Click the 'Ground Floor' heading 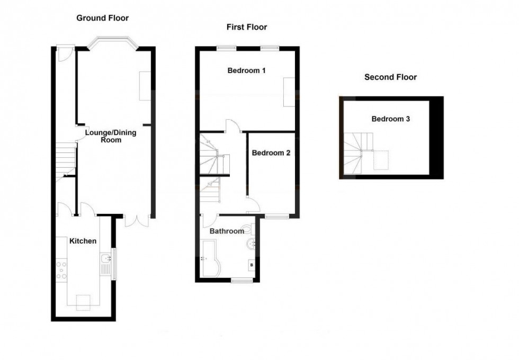(102, 18)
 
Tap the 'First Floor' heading (246, 27)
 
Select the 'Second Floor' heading (390, 77)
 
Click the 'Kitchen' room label (83, 241)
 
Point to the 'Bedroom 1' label (246, 70)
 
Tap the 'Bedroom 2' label (271, 154)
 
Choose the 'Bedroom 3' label (390, 119)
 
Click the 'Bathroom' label (227, 231)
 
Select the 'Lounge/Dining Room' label (111, 136)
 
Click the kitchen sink (105, 259)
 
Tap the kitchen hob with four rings (61, 269)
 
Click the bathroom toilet (248, 230)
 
